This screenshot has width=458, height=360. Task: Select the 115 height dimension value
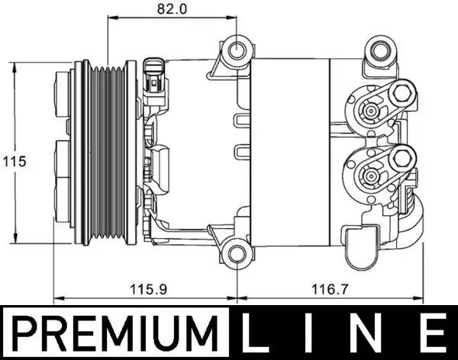tap(14, 161)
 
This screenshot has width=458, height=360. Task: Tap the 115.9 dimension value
tap(144, 291)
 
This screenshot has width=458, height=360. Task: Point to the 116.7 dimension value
tap(330, 291)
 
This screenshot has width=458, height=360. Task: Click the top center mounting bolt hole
tap(239, 52)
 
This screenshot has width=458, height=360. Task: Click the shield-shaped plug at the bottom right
tap(362, 246)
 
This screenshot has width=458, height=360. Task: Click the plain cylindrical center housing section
tap(289, 153)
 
